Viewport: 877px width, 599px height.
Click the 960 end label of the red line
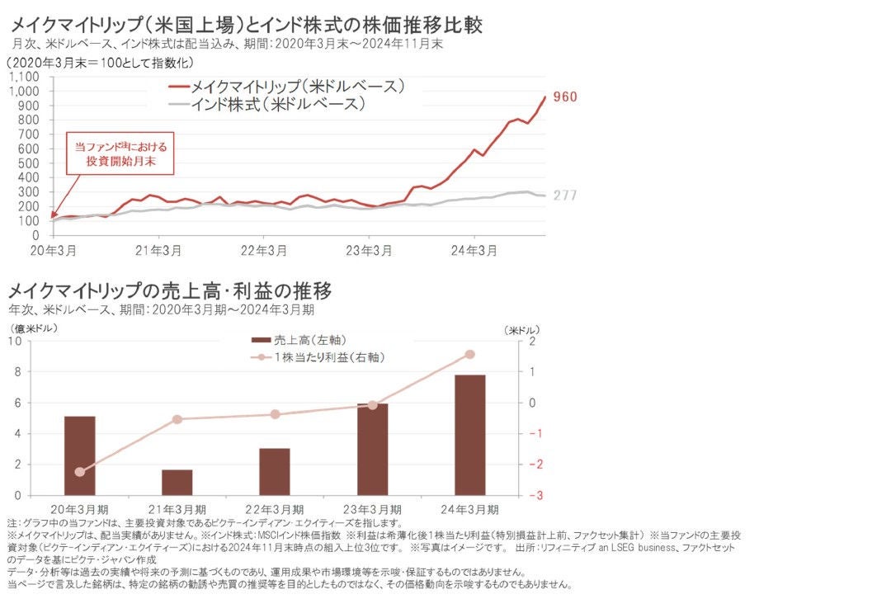565,97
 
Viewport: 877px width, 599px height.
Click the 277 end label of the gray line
565,196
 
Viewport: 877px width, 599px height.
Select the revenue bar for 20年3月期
79,455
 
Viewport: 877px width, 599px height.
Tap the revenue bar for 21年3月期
177,482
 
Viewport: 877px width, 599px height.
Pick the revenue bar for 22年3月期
275,471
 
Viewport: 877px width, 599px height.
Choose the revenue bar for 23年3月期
372,449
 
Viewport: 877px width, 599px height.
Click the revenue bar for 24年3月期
469,435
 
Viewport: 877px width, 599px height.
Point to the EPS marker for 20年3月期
79,472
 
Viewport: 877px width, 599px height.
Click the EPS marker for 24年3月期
469,354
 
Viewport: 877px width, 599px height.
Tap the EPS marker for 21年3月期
177,419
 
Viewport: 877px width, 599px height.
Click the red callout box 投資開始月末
120,154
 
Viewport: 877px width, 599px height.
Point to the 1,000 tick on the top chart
26,91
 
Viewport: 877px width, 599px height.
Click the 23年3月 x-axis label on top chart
369,251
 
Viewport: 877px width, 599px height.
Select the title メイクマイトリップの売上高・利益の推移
170,291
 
